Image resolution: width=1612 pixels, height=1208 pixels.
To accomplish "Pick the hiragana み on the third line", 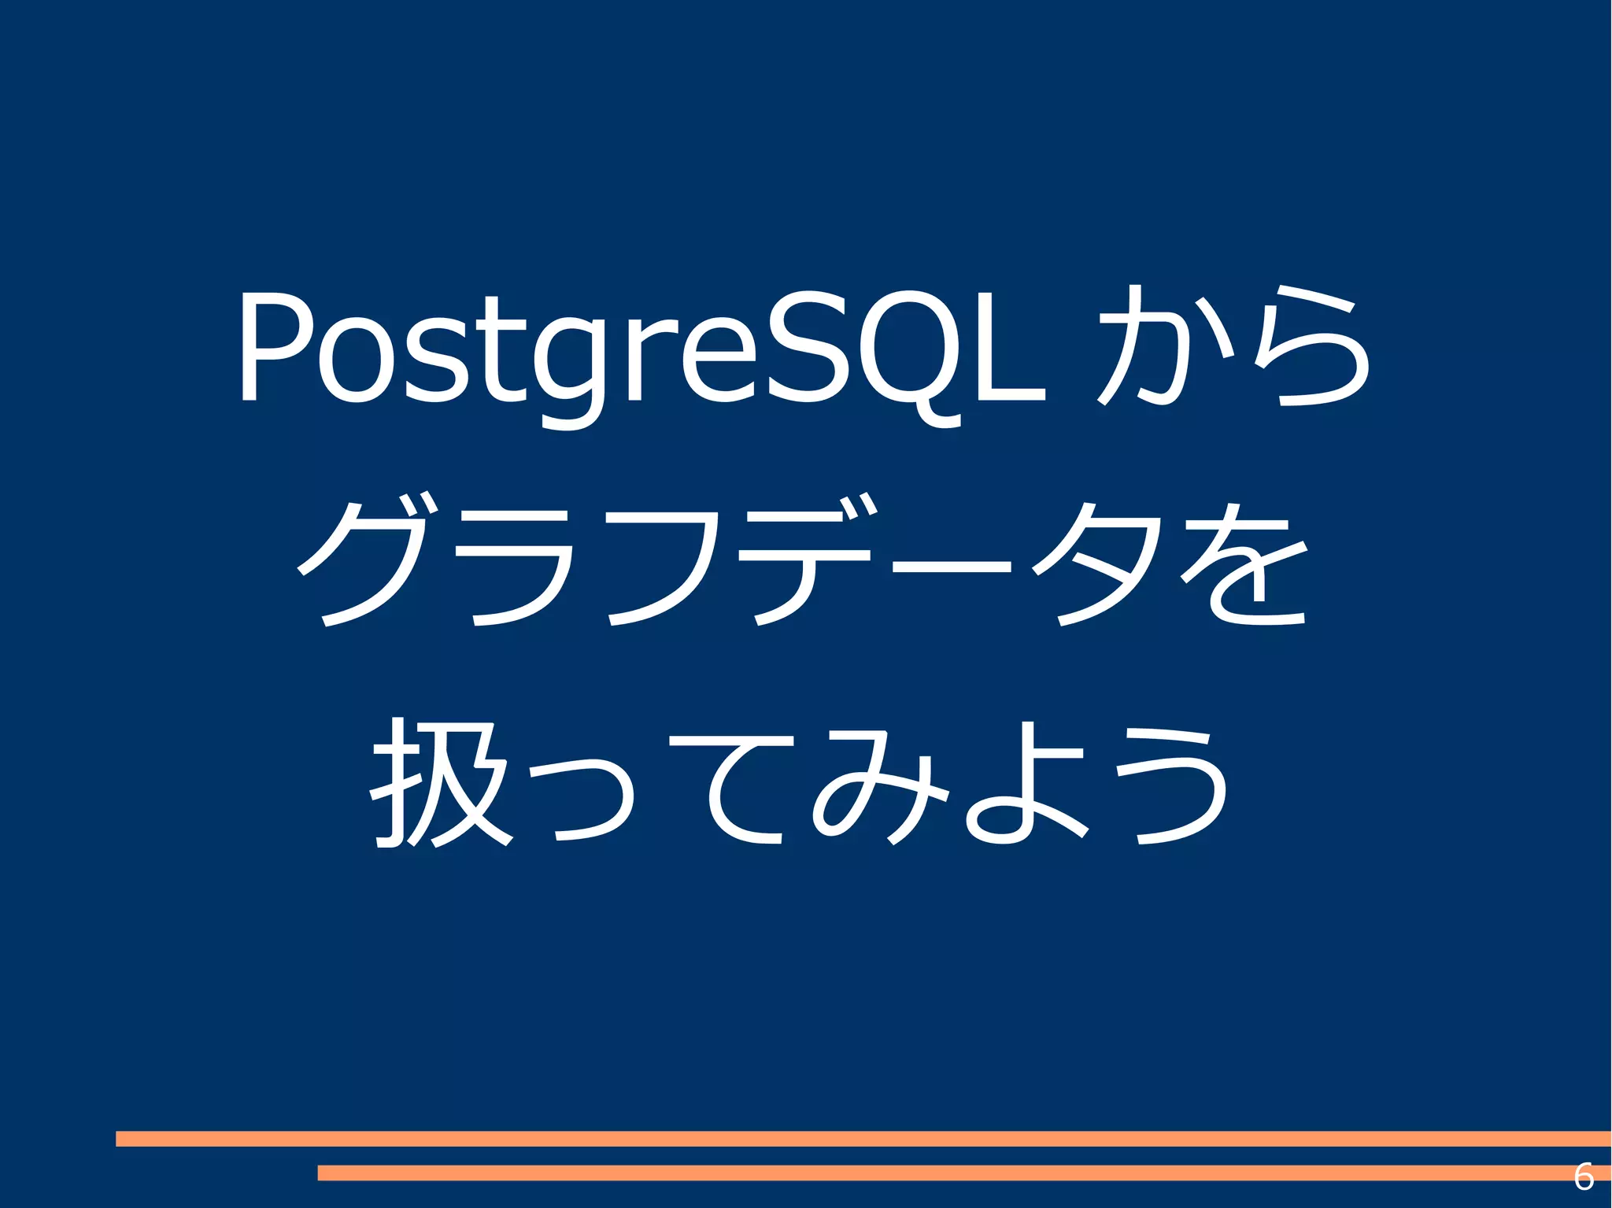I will [874, 787].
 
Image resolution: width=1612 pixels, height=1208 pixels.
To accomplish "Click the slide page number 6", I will [1583, 1177].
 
